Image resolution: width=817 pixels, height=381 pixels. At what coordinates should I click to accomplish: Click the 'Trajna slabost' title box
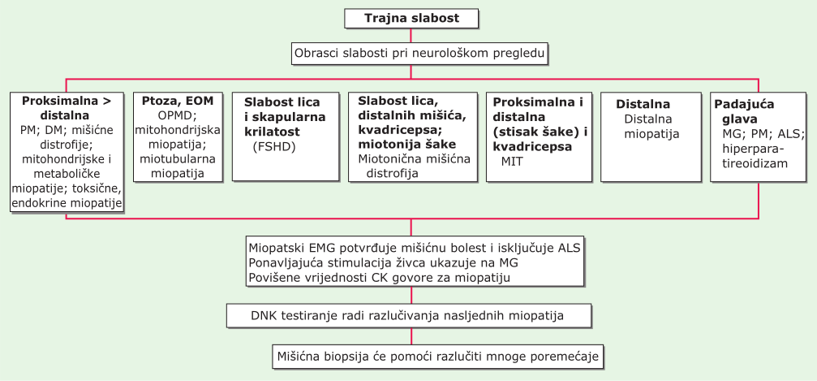pos(411,19)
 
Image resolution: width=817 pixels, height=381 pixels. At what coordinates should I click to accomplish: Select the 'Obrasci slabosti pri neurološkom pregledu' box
pos(419,54)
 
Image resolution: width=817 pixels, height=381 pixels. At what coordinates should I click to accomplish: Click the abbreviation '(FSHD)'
pos(273,147)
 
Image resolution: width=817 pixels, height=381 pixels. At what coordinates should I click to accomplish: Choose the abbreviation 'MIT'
pos(512,162)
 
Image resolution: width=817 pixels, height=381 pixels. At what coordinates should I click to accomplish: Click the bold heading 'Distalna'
pos(643,104)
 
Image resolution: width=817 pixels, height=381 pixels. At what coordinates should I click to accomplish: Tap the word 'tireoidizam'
pos(755,163)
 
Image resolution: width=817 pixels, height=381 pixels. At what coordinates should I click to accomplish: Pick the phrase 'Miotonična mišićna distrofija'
pos(415,166)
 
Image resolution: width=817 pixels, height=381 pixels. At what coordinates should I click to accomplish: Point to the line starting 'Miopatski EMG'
pos(415,247)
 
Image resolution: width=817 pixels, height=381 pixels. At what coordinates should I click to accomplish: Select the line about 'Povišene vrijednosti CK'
pos(380,277)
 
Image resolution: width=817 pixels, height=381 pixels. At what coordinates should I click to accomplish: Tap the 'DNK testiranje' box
pos(409,316)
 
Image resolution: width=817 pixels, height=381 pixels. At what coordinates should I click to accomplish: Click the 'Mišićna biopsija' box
pos(437,357)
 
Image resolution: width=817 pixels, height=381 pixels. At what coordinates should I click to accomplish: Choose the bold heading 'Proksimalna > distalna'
pos(67,107)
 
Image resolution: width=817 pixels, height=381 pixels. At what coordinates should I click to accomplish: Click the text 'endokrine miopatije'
pos(67,203)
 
